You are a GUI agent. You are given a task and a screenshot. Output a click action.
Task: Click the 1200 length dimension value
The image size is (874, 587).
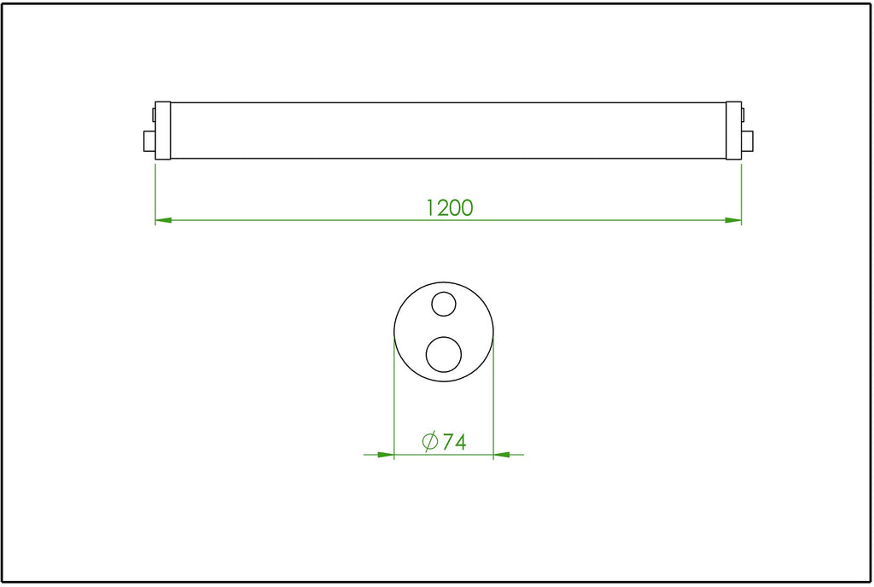pos(450,207)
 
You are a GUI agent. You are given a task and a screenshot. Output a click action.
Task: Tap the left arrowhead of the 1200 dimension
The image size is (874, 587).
pos(163,220)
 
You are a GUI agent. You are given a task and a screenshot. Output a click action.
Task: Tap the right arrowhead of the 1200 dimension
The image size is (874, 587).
pos(733,220)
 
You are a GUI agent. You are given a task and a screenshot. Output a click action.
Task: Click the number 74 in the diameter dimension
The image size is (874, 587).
pos(454,442)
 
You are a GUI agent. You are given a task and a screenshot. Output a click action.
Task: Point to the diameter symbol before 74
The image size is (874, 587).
pos(430,442)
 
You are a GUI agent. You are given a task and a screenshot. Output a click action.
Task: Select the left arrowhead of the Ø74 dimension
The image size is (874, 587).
pos(386,455)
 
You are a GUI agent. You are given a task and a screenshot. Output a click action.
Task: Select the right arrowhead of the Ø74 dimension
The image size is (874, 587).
pos(502,455)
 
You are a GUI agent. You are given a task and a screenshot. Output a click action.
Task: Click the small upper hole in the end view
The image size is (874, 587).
pos(444,304)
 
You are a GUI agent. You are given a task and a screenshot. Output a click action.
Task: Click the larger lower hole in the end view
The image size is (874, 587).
pos(444,355)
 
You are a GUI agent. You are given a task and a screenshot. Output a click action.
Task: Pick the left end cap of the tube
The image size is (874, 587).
pos(163,131)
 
